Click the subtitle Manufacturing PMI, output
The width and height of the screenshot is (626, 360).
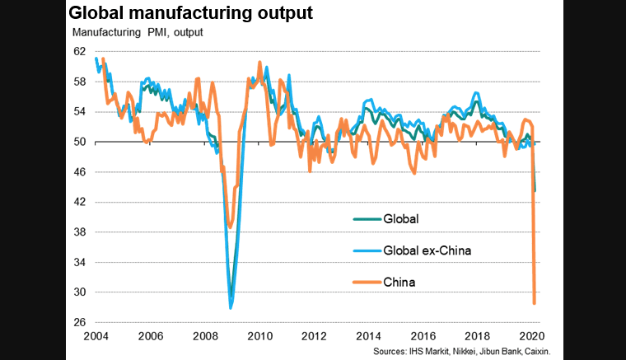pos(138,33)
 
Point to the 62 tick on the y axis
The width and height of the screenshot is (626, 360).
pos(79,51)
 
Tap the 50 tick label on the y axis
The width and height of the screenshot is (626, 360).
pos(79,142)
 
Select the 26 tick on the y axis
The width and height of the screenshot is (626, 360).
pos(79,322)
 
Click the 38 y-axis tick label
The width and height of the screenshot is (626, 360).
pos(79,232)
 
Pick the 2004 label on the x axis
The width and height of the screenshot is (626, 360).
pos(96,336)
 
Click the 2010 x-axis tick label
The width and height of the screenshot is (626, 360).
pos(260,336)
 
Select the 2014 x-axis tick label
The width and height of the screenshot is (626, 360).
pos(370,336)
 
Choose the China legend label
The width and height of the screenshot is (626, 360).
pos(399,282)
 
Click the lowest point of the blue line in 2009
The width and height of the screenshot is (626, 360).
pos(231,307)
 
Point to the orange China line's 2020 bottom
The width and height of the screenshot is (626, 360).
pos(535,303)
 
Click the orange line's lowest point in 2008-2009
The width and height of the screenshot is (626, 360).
pos(231,227)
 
